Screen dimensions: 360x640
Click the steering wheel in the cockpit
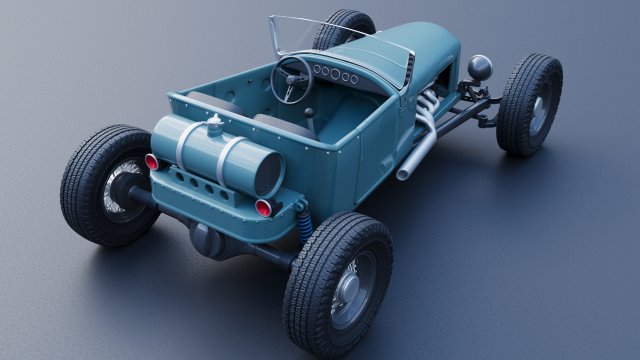[x=292, y=77]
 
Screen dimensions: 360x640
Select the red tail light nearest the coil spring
[x=264, y=207]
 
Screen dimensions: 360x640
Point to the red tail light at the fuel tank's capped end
[x=152, y=161]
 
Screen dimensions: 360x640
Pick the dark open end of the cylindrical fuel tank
[x=267, y=173]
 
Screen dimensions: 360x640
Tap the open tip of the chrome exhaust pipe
[x=402, y=175]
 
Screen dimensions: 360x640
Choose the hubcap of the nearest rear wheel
[x=353, y=289]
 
